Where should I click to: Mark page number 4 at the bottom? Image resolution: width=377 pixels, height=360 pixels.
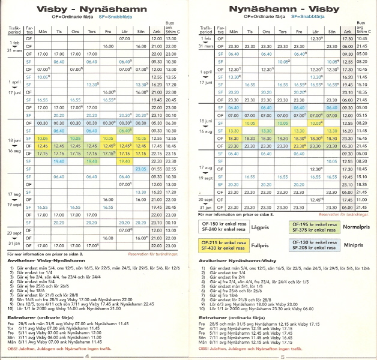click(88, 355)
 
